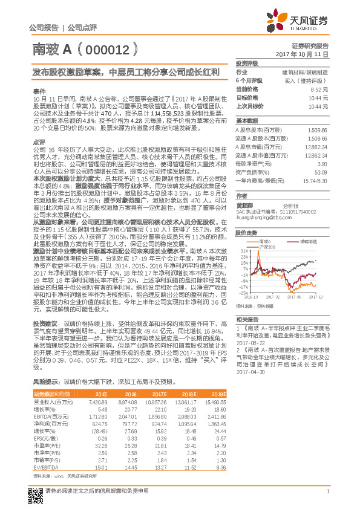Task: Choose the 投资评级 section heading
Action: [247, 63]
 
